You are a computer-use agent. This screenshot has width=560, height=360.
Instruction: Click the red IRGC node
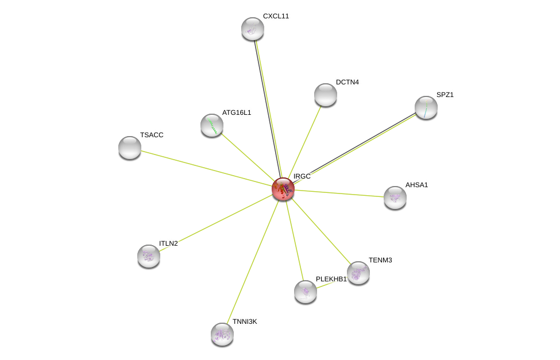[x=283, y=189]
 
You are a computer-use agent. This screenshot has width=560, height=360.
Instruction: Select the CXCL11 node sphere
[x=253, y=29]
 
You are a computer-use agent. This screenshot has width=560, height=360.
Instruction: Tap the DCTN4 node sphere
[x=325, y=95]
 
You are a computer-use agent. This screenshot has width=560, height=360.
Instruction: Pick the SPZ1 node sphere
[x=426, y=107]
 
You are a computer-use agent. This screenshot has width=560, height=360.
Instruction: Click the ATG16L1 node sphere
[x=212, y=125]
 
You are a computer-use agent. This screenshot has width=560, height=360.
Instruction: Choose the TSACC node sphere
[x=130, y=148]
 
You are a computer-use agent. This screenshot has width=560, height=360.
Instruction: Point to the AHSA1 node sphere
[x=395, y=198]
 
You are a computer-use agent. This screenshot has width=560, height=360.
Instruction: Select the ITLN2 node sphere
[x=149, y=256]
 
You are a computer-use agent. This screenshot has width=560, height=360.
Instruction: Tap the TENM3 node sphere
[x=358, y=273]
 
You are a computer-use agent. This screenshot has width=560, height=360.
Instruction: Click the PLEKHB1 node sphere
[x=306, y=292]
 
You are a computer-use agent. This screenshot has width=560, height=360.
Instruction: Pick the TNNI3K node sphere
[x=222, y=334]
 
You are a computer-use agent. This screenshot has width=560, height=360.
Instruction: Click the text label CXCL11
[x=276, y=16]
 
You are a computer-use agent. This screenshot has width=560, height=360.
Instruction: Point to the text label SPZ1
[x=445, y=95]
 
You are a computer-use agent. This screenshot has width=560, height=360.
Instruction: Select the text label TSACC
[x=152, y=135]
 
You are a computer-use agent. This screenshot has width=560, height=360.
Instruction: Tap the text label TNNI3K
[x=245, y=322]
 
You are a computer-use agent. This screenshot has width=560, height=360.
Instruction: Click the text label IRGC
[x=302, y=176]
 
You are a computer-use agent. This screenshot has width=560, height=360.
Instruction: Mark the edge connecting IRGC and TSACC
[x=206, y=168]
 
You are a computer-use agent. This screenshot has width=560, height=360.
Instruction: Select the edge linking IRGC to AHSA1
[x=339, y=193]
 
